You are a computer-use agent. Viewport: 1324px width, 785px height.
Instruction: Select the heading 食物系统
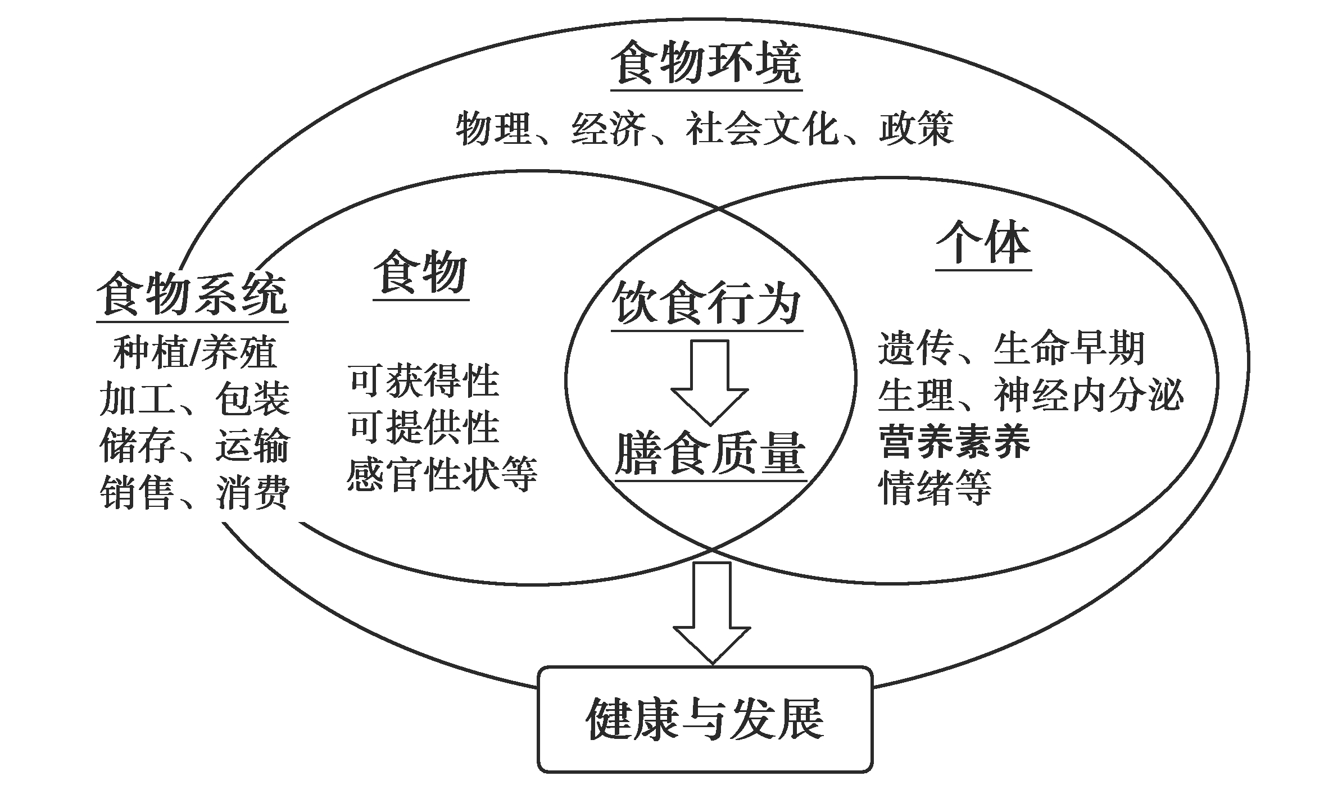(x=192, y=294)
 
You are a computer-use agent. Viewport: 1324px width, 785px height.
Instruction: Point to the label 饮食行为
(x=706, y=303)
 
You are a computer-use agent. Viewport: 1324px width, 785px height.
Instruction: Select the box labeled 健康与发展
(x=705, y=720)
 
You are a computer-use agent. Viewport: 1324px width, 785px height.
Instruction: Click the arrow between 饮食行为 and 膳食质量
(x=710, y=382)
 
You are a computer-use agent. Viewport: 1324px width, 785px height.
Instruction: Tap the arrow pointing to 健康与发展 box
(x=712, y=613)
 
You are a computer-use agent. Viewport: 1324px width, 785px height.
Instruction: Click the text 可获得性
(x=424, y=380)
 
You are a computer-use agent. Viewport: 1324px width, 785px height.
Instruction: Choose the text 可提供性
(x=424, y=427)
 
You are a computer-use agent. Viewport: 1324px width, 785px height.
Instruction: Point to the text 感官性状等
(x=442, y=474)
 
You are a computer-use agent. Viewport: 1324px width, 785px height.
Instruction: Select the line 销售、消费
(x=195, y=493)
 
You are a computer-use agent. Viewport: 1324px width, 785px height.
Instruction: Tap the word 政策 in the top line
(x=917, y=128)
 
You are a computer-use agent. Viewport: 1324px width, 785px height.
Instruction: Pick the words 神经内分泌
(x=1089, y=395)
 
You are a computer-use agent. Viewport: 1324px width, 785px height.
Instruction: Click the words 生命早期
(x=1069, y=348)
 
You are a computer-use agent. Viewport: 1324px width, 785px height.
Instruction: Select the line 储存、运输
(x=195, y=446)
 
